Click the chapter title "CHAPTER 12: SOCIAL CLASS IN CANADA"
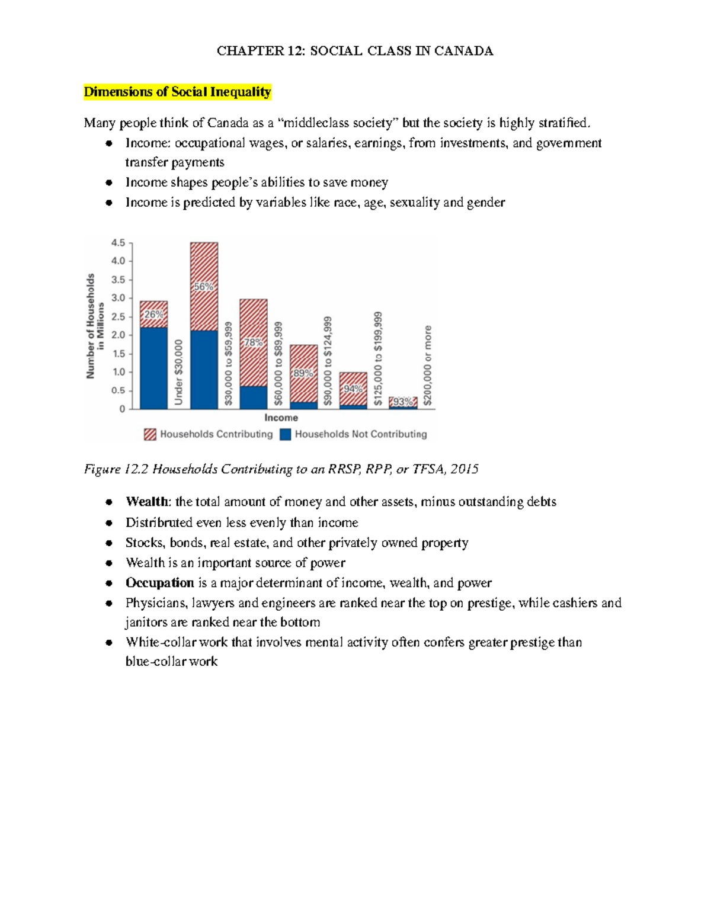click(354, 51)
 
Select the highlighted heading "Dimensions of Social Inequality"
click(177, 92)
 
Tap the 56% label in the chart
click(203, 287)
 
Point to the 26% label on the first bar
click(154, 315)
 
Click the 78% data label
click(253, 342)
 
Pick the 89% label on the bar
click(303, 373)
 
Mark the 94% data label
click(353, 389)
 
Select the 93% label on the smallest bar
click(403, 402)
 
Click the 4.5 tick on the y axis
click(118, 243)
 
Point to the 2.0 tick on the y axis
click(118, 335)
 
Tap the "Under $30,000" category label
click(179, 373)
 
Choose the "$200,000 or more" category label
click(428, 366)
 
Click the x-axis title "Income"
click(281, 418)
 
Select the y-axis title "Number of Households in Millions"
click(95, 326)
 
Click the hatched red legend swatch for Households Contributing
click(150, 435)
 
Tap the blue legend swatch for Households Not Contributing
click(286, 435)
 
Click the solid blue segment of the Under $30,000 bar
click(153, 368)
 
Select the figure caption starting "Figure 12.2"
click(281, 470)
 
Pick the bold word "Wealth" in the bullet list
click(147, 502)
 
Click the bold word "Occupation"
click(159, 583)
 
